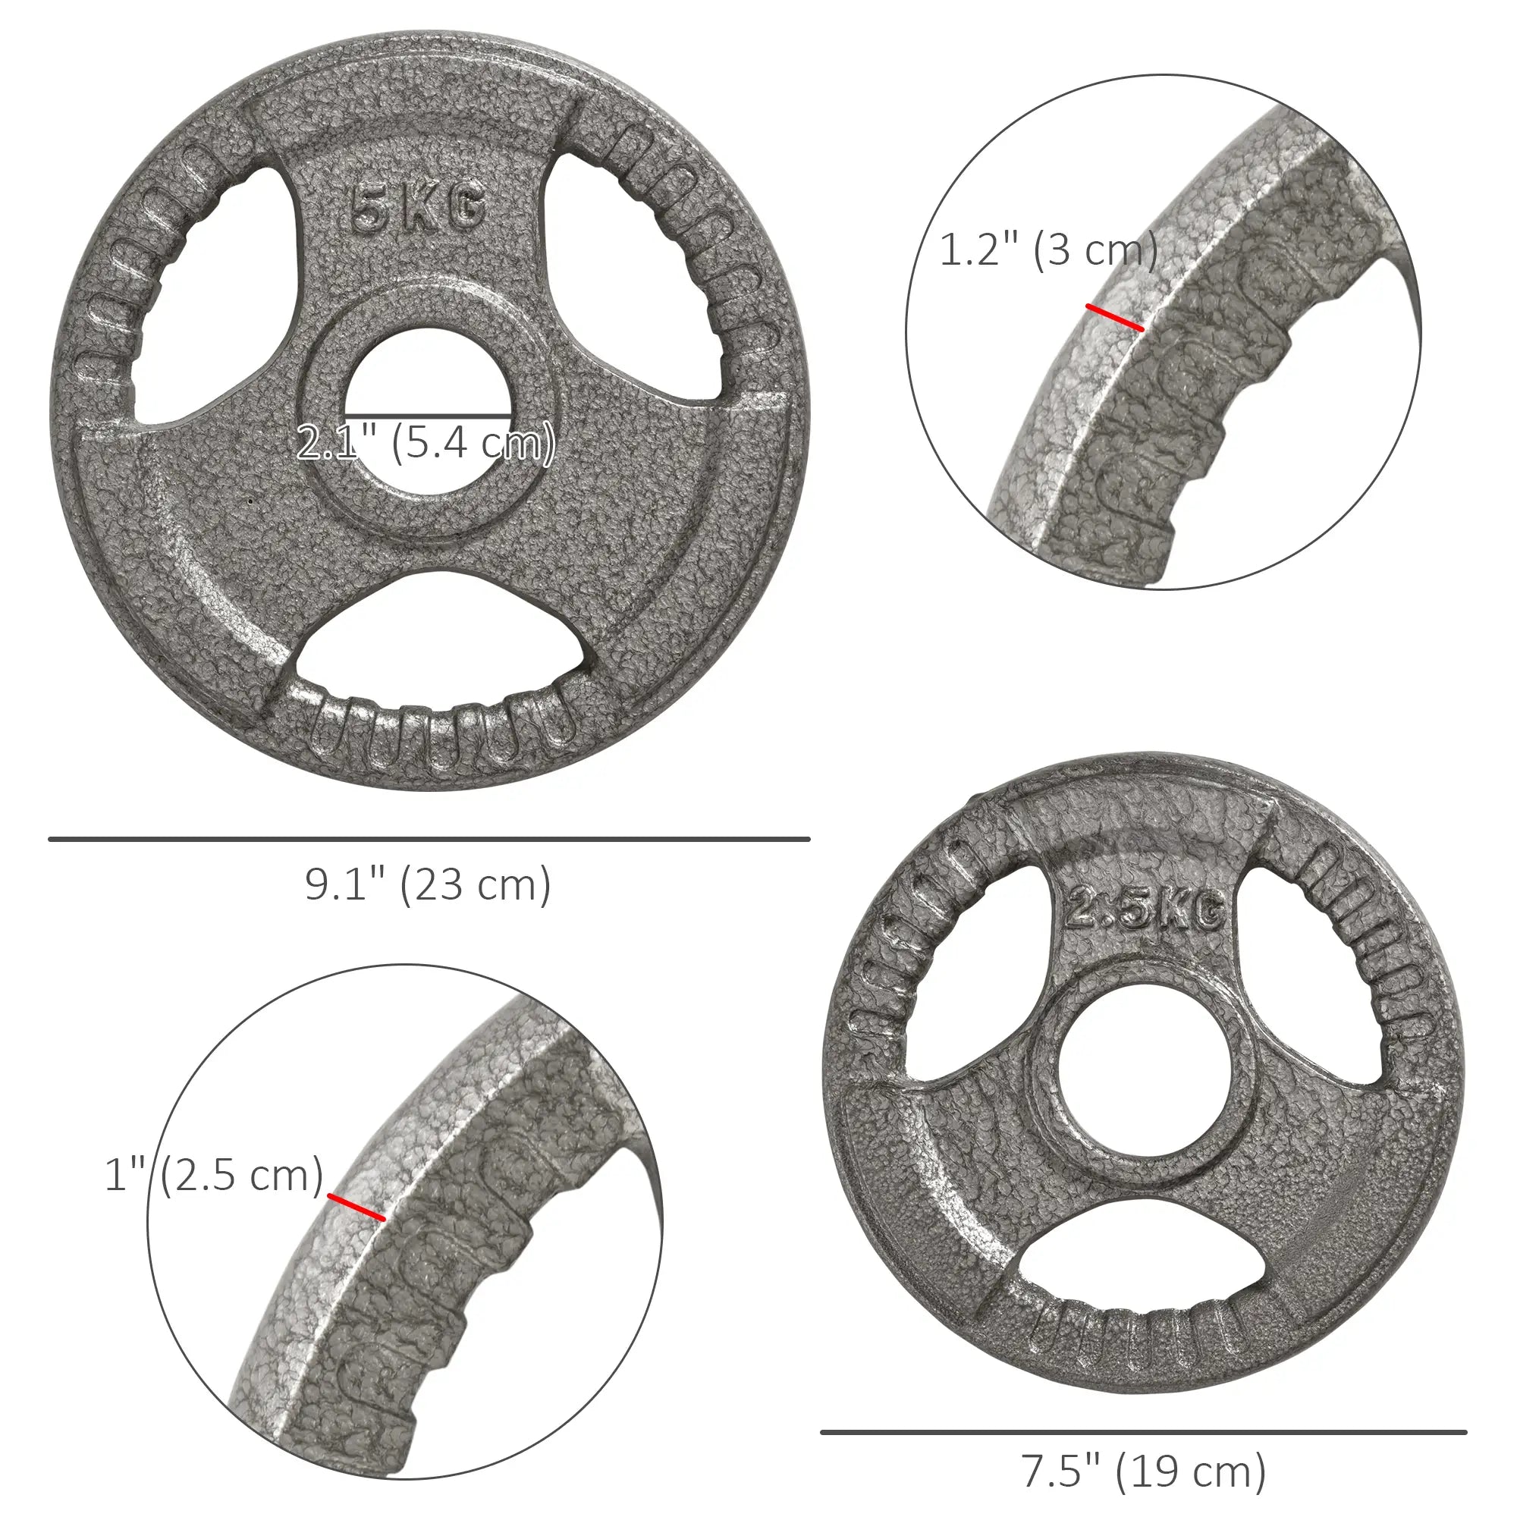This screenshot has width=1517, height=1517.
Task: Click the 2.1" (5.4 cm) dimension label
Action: point(426,443)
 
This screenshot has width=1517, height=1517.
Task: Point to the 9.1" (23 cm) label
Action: point(428,885)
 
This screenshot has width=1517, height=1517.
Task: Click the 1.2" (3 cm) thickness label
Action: point(1048,250)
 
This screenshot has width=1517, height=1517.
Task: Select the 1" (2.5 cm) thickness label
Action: point(215,1175)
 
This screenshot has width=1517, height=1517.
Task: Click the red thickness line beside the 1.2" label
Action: point(1115,317)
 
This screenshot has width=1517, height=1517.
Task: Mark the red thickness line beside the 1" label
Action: point(356,1207)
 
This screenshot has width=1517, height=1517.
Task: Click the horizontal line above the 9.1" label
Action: point(429,840)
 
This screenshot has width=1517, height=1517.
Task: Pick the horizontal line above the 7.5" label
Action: point(1143,1432)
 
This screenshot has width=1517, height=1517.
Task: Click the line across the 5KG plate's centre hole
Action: point(428,415)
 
